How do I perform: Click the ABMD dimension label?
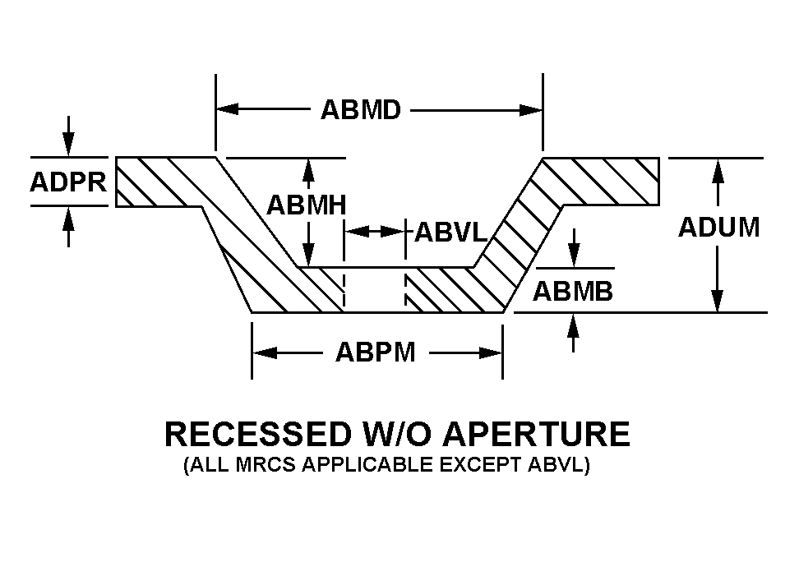(x=360, y=109)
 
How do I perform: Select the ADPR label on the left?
(x=68, y=182)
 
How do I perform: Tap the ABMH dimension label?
(x=306, y=205)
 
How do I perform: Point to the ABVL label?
(x=451, y=233)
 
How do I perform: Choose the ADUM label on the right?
(x=718, y=227)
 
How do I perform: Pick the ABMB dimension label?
(x=573, y=291)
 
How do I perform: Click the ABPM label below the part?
(x=376, y=352)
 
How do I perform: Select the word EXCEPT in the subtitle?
(x=482, y=466)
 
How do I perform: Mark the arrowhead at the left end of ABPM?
(x=262, y=352)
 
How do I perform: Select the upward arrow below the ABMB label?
(x=573, y=324)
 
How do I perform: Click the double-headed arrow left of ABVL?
(x=375, y=233)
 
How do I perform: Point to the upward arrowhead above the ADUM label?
(x=718, y=169)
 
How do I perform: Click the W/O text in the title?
(x=393, y=434)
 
